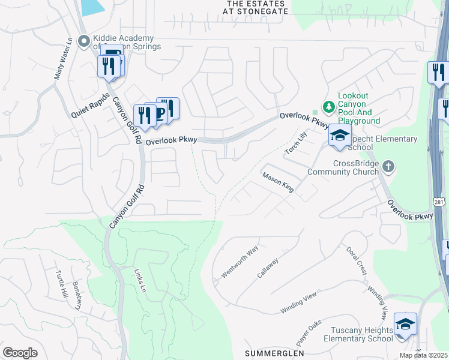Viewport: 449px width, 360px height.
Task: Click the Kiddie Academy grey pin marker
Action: click(84, 41)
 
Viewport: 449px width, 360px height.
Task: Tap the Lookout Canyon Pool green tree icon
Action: click(328, 107)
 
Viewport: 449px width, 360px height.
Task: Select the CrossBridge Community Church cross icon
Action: click(388, 166)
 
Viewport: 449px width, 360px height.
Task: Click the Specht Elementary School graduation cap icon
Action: click(339, 136)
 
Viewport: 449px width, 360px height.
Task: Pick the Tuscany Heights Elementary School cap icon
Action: click(405, 325)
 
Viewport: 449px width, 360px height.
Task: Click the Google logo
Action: click(20, 353)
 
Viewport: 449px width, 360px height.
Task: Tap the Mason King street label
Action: click(277, 182)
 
